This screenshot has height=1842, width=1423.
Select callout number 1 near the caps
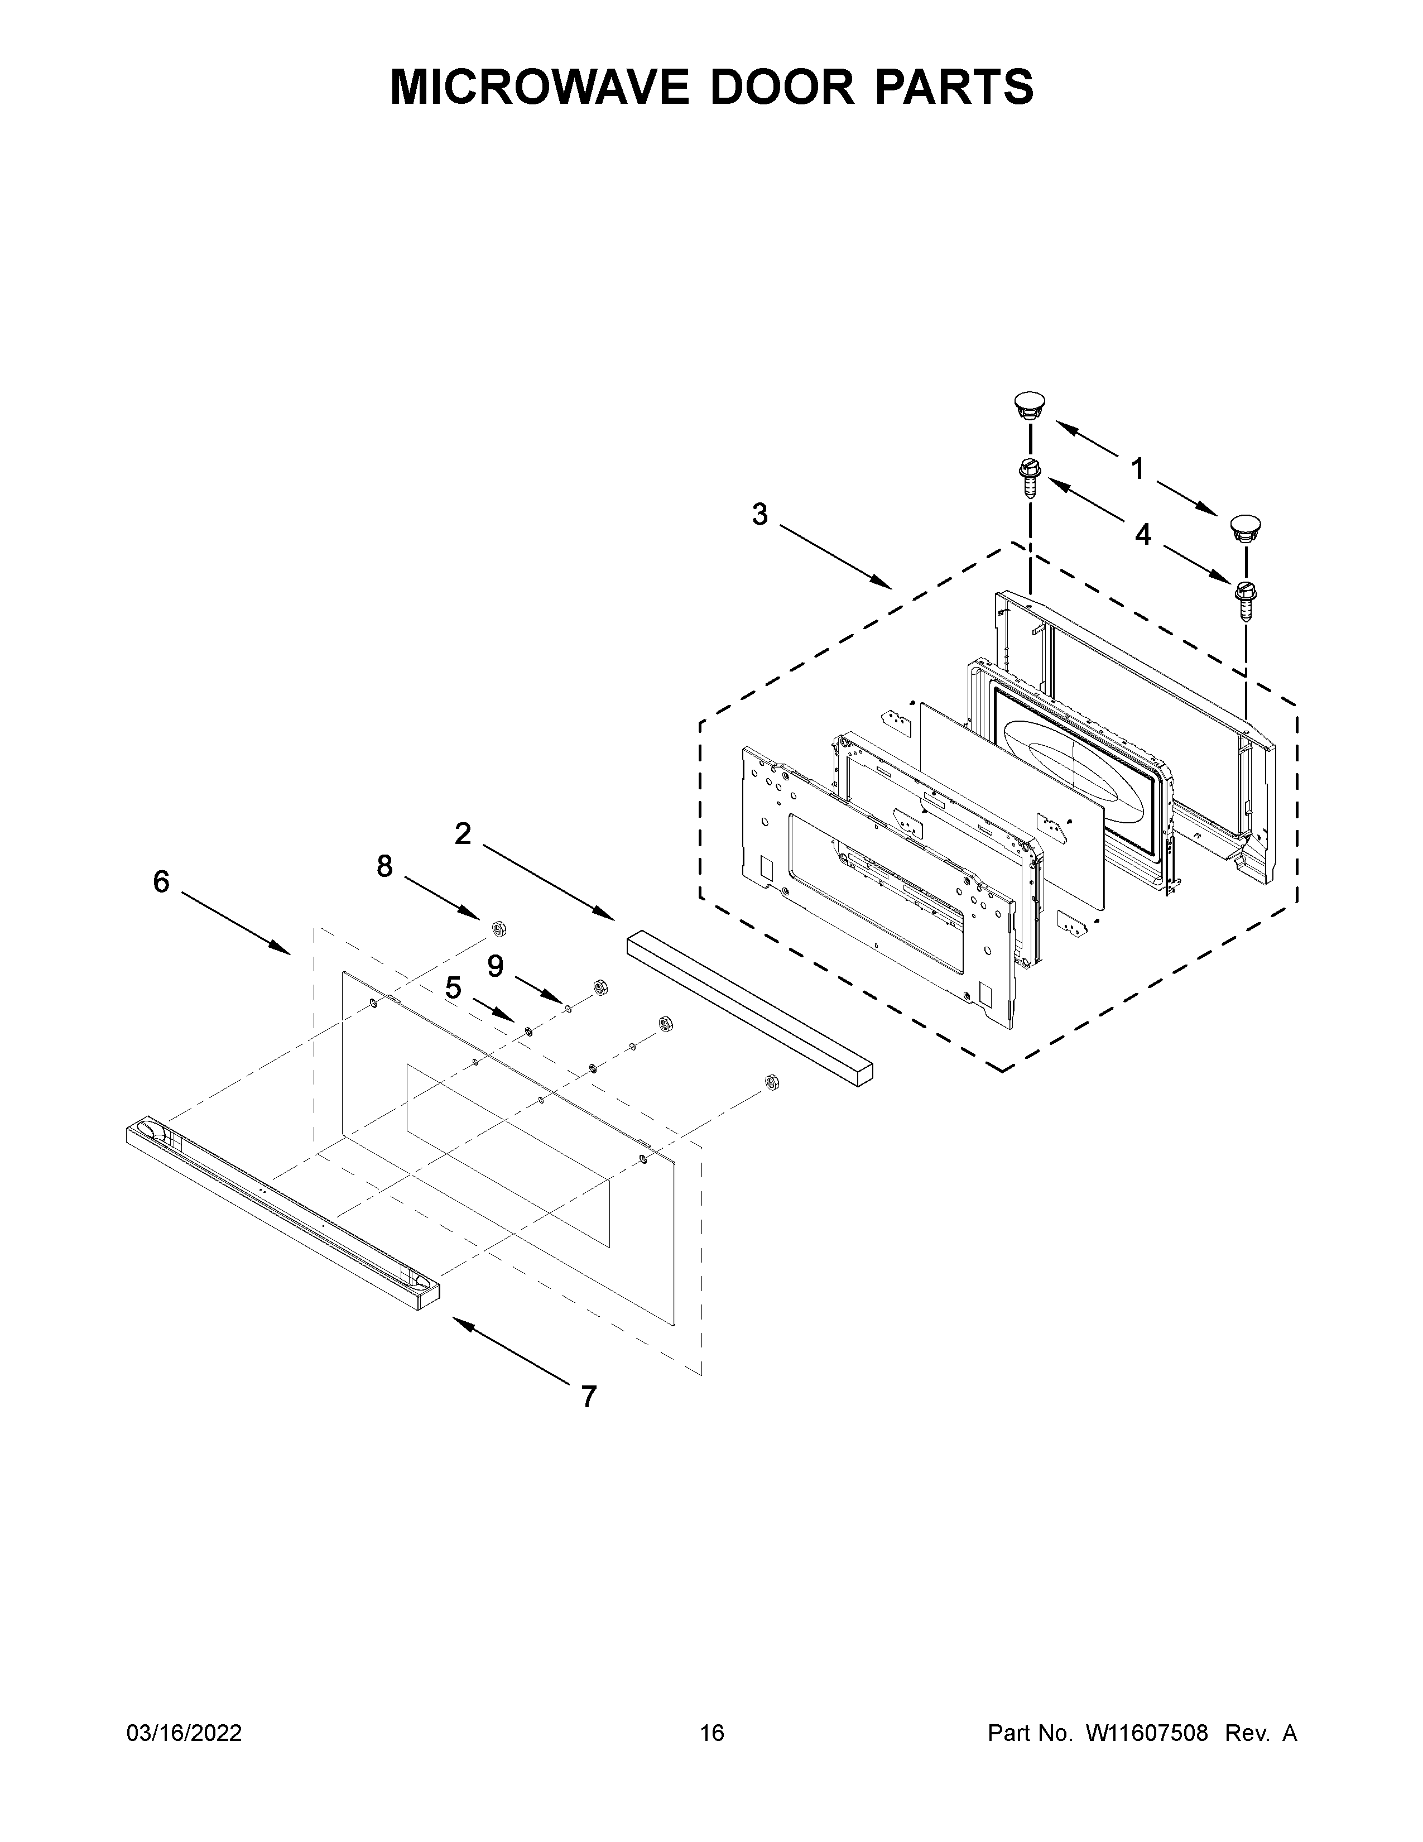1137,468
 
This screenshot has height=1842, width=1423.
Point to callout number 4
1142,534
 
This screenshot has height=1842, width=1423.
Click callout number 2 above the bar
463,833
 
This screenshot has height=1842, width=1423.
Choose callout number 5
454,987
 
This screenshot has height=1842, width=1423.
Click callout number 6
161,882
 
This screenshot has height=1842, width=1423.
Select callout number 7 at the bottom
588,1398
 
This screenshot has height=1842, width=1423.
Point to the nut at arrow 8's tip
497,928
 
